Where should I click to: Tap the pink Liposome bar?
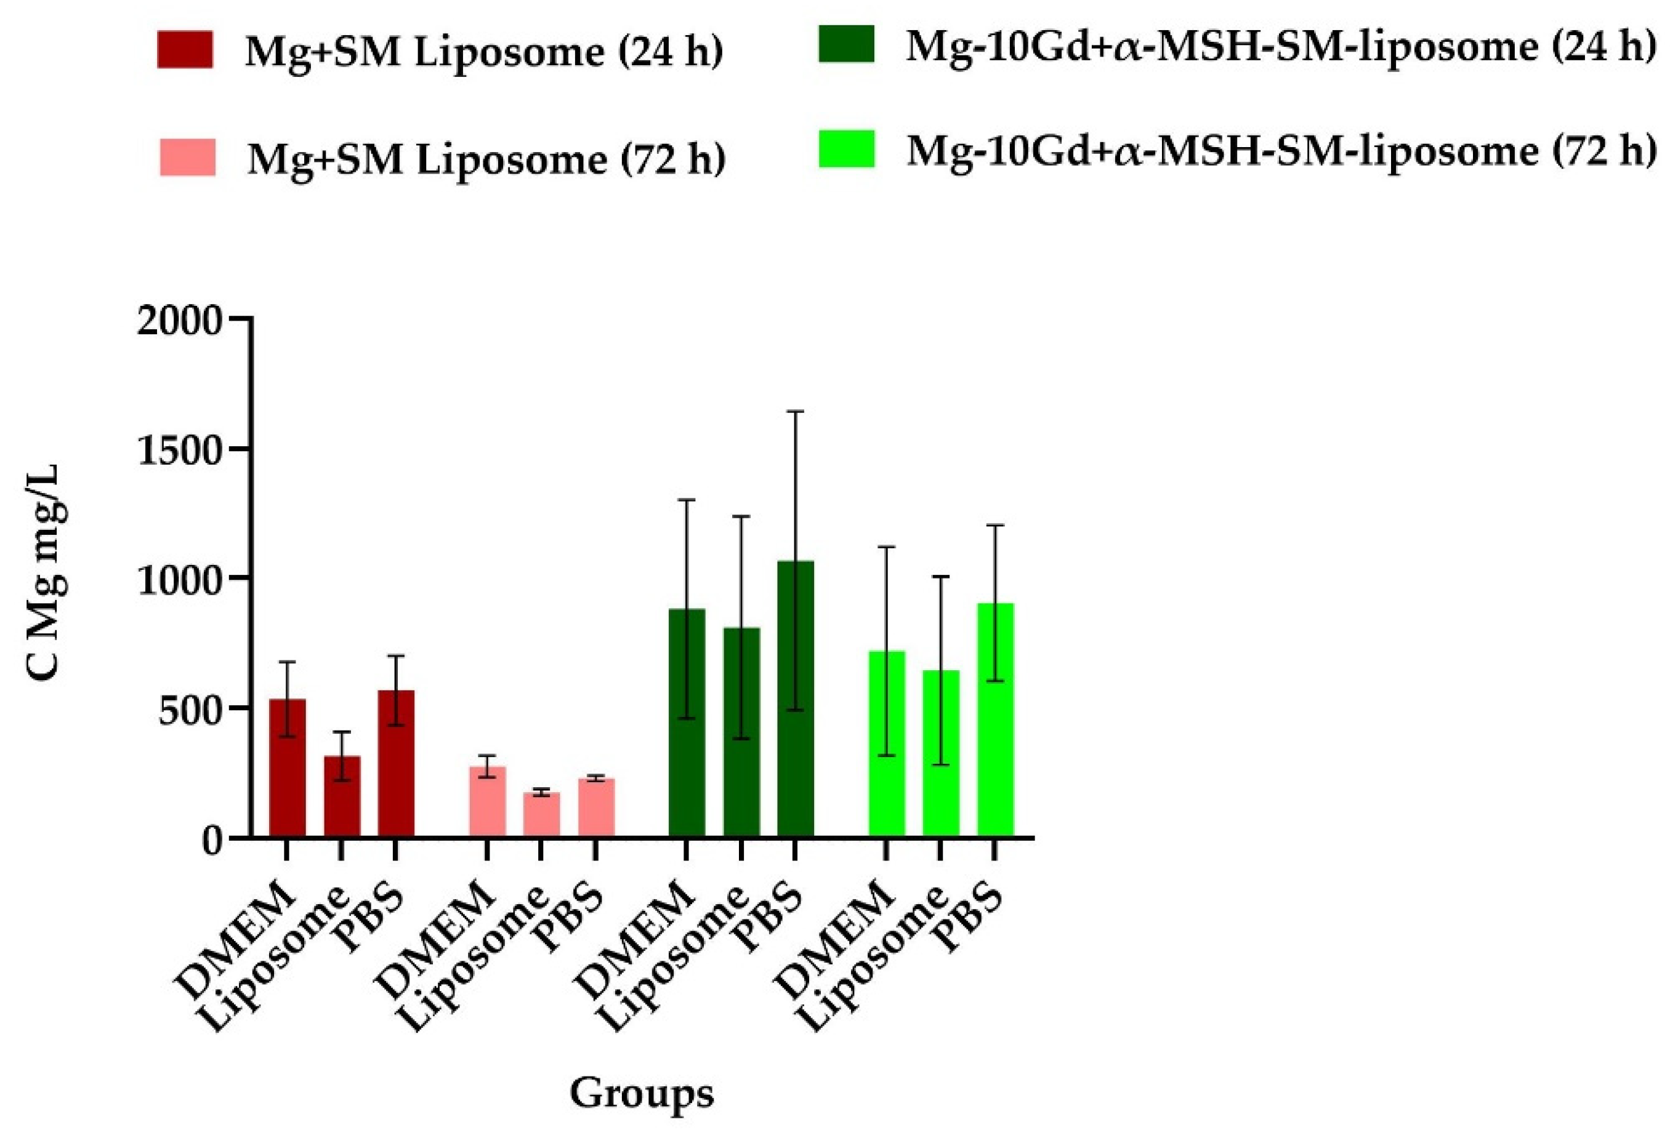(x=541, y=815)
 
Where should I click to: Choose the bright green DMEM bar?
(x=887, y=744)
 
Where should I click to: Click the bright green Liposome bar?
(x=941, y=753)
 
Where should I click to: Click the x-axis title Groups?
(x=641, y=1094)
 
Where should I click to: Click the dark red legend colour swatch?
(x=185, y=50)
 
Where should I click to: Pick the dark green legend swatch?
(x=846, y=45)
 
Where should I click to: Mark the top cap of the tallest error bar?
(x=795, y=411)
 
